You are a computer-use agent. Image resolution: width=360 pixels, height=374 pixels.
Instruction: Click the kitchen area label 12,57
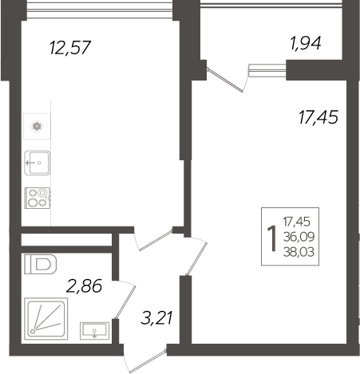coord(71,48)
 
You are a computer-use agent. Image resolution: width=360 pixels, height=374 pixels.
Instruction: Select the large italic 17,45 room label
coord(316,118)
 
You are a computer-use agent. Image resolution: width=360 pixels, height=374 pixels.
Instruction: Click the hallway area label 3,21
coord(157,320)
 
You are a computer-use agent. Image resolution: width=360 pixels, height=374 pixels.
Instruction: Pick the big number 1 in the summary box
coord(272,236)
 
